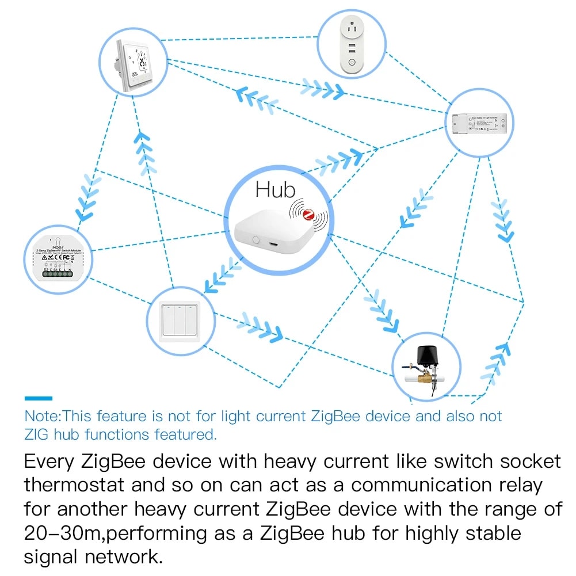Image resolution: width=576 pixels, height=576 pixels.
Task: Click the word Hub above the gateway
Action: tap(275, 189)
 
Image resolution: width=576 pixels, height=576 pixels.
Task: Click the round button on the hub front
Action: tap(256, 241)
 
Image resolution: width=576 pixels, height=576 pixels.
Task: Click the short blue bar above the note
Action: tap(38, 398)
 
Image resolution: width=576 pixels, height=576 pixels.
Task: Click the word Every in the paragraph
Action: tap(49, 461)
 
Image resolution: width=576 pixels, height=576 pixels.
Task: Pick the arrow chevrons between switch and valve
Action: tap(262, 327)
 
